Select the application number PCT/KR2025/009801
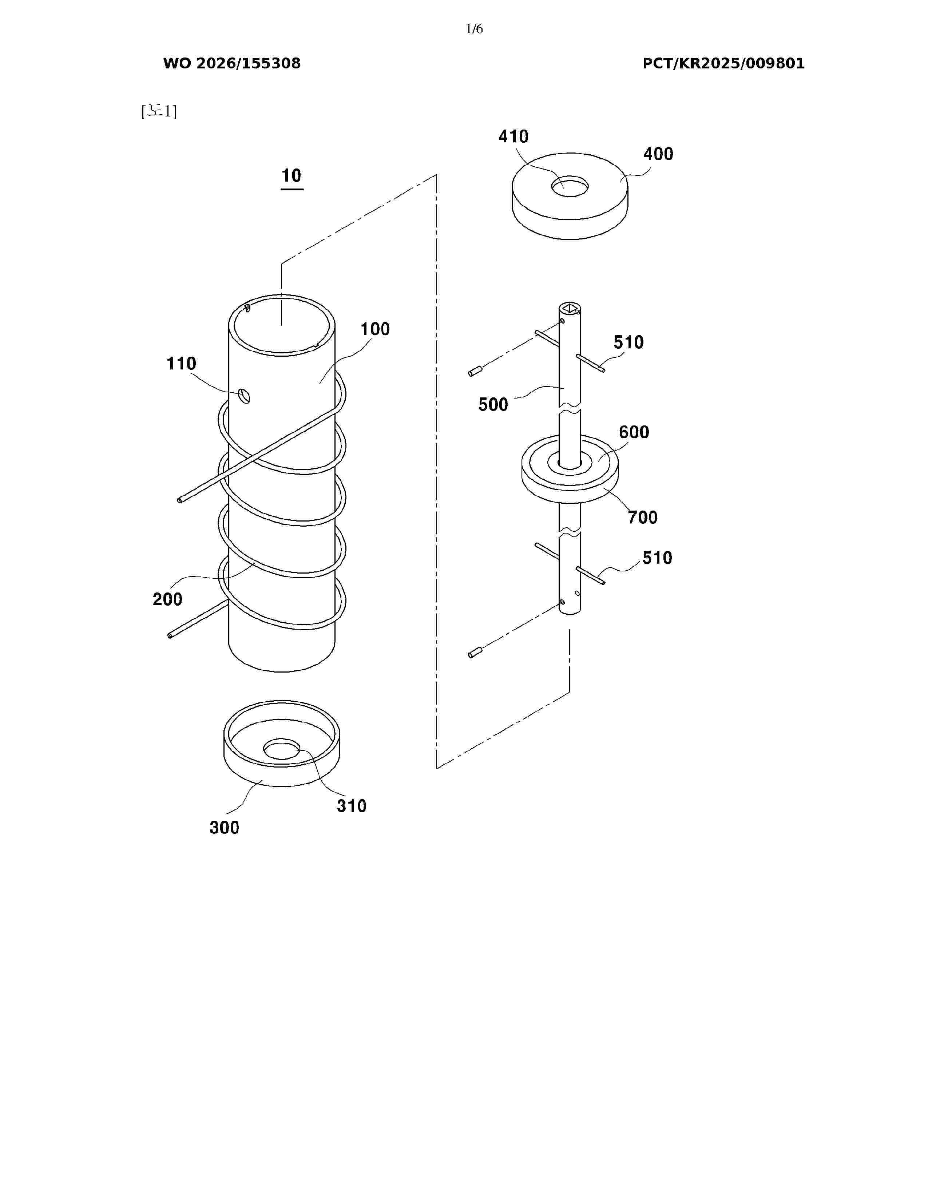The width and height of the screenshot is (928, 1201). [723, 63]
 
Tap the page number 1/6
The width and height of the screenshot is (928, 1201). [474, 29]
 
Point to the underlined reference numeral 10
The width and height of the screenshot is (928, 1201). [292, 176]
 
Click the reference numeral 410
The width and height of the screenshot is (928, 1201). [513, 136]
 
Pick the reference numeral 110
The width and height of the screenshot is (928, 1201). [182, 364]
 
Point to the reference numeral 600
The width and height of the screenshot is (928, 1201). [634, 432]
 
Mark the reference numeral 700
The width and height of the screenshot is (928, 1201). [643, 518]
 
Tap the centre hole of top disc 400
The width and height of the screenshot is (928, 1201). [570, 186]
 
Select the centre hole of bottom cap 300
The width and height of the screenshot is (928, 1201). [282, 749]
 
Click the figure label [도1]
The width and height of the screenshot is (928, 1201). [159, 112]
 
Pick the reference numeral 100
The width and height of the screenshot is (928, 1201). [375, 329]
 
